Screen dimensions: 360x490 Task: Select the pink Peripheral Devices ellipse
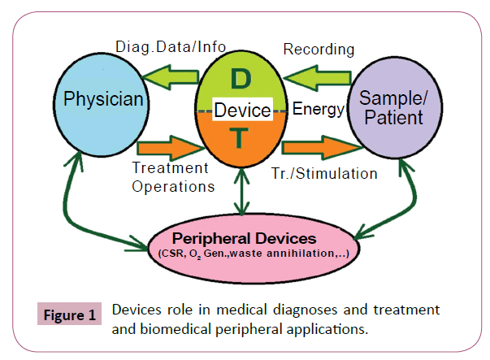[x=245, y=243]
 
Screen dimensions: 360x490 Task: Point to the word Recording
[x=319, y=50]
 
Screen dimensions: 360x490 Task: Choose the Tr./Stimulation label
[x=324, y=173]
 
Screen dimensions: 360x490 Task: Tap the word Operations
[x=173, y=186]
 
